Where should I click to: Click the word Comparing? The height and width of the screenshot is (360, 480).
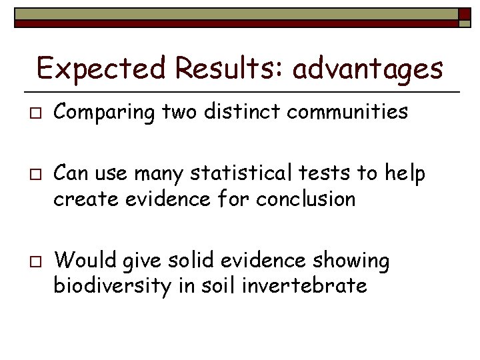tap(105, 113)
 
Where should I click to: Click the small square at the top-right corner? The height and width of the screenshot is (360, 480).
tap(465, 18)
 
